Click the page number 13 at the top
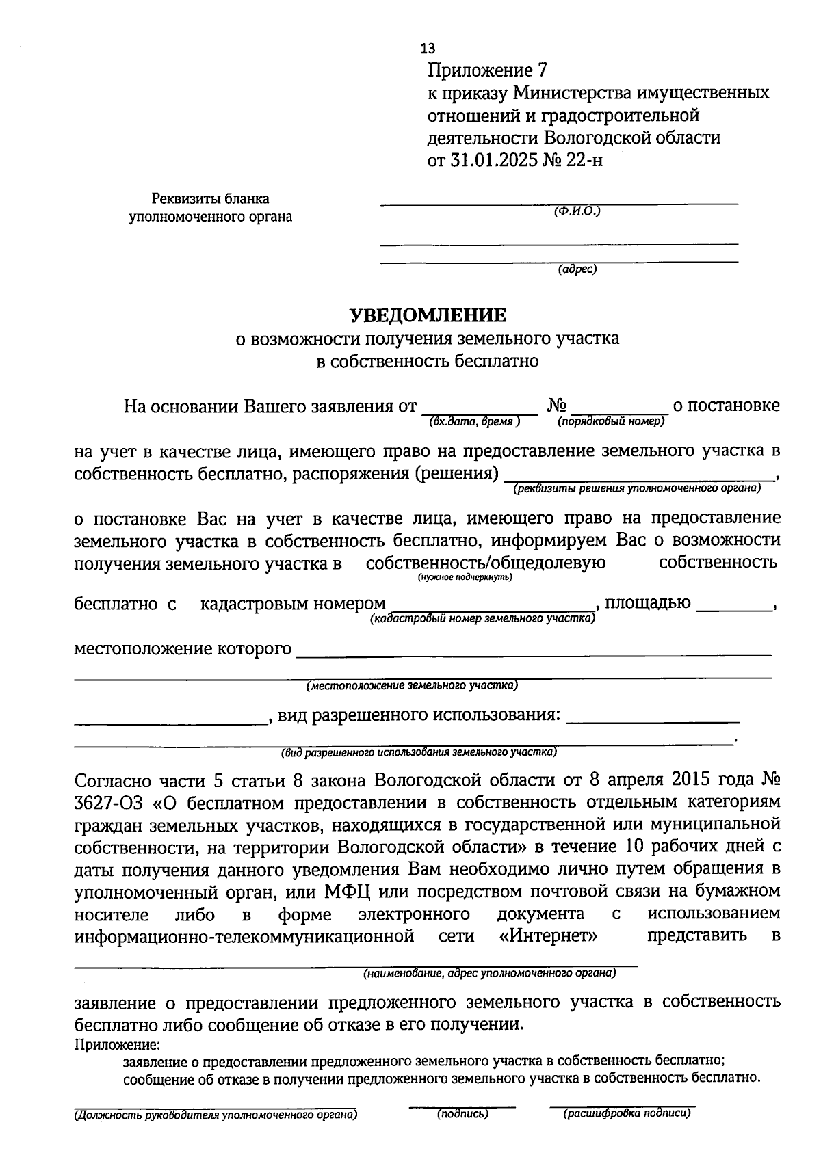point(428,49)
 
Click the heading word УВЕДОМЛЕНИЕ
point(428,315)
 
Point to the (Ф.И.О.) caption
point(577,211)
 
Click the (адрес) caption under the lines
point(577,269)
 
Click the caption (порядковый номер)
point(611,422)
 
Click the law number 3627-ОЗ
point(103,802)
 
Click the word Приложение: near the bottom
point(116,1046)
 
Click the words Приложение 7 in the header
point(488,70)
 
